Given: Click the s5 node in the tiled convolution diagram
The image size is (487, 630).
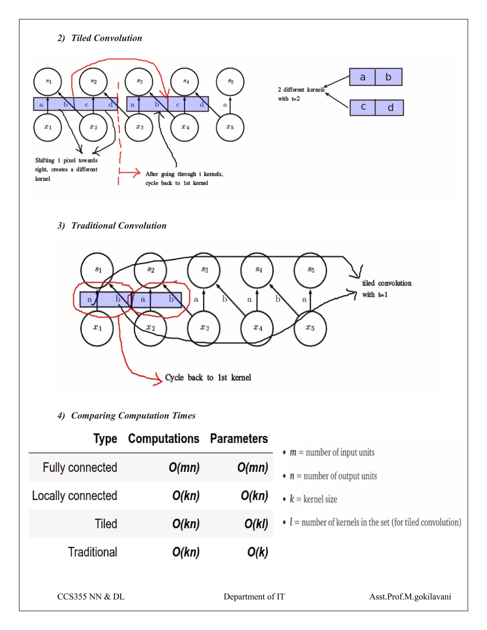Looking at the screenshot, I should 230,82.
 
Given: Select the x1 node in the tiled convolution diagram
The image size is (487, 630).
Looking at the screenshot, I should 48,127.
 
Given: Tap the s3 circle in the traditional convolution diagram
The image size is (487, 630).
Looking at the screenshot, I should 204,270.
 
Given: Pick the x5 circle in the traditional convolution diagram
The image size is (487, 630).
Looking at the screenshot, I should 310,328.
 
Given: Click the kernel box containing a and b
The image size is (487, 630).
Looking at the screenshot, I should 376,77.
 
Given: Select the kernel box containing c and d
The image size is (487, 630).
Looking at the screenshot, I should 376,108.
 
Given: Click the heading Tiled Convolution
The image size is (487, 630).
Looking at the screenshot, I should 107,38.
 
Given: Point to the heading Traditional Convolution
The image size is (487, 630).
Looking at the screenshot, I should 119,226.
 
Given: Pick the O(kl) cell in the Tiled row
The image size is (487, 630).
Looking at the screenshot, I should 256,523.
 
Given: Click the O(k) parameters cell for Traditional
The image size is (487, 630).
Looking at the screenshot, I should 257,552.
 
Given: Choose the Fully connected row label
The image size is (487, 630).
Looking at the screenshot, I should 80,467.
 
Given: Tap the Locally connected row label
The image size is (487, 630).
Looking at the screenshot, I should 74,496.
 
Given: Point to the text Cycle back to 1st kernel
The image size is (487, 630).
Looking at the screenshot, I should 208,378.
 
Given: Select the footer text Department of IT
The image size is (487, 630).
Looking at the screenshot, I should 254,596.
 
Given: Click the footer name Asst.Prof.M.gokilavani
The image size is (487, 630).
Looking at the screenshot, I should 410,596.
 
